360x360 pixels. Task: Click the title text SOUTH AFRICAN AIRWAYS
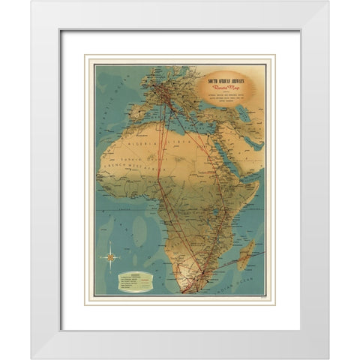point(231,79)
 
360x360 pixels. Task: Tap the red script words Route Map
point(230,89)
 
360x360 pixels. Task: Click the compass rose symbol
point(111,256)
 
